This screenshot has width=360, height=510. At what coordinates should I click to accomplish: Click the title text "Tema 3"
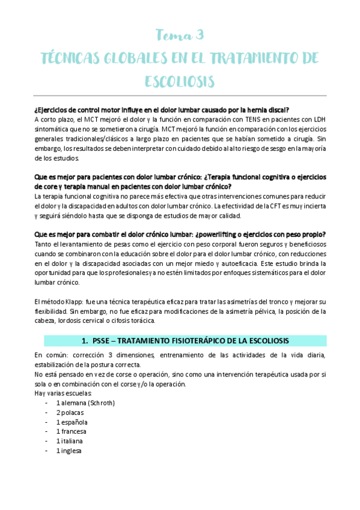(x=180, y=35)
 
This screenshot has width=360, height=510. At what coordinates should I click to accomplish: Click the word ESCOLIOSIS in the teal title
(x=180, y=81)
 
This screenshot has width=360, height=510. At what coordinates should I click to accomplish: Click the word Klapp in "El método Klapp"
(x=75, y=301)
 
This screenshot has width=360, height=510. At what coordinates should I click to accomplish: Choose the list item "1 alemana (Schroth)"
(x=85, y=402)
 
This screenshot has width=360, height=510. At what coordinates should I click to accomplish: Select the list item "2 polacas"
(x=70, y=412)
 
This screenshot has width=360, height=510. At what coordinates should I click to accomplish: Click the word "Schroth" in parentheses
(x=99, y=402)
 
